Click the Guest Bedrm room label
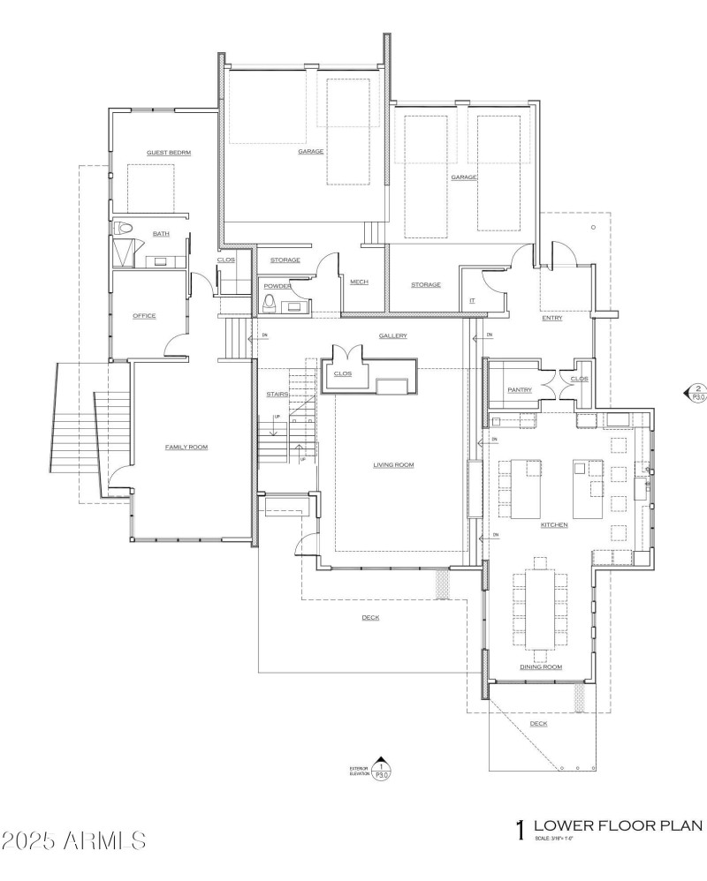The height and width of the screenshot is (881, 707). coord(169,153)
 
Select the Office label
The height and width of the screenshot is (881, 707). coord(144,316)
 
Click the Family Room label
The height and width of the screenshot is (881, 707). coord(186,448)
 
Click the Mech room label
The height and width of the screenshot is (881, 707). coord(359,282)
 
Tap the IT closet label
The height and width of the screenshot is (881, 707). coord(472,301)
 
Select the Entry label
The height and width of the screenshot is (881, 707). coord(552,318)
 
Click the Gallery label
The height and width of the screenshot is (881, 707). coord(392,336)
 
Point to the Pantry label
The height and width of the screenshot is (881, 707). coord(519,389)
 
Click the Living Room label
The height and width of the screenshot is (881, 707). coord(393,465)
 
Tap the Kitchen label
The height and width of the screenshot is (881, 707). coord(554,525)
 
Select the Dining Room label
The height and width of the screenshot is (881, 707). coord(541,667)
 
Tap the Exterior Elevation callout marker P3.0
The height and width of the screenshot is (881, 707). coord(381,770)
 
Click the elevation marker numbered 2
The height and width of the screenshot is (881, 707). coord(696,392)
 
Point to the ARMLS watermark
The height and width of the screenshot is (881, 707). coord(74,840)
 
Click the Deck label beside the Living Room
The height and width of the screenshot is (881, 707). coord(370,618)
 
